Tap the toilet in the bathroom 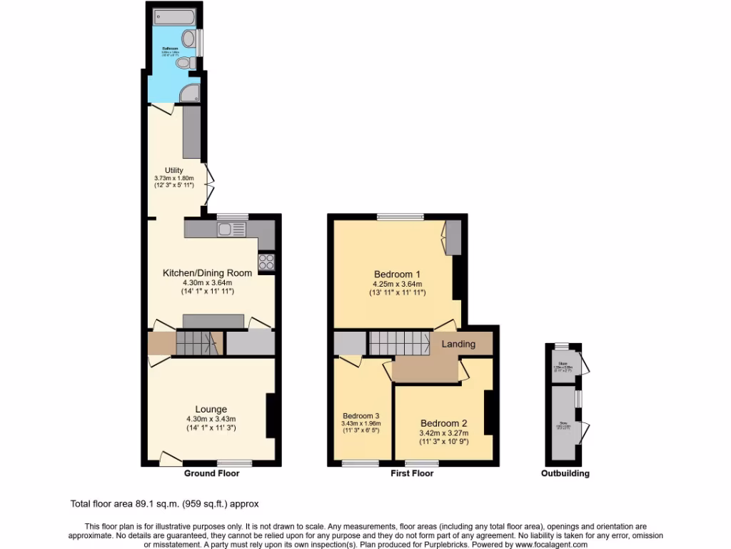(x=184, y=64)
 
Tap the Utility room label (x=164, y=170)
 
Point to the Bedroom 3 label (x=361, y=416)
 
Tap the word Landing (x=458, y=344)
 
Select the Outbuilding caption (x=565, y=473)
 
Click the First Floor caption (x=412, y=473)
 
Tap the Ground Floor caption (x=212, y=473)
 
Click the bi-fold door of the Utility (x=208, y=182)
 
